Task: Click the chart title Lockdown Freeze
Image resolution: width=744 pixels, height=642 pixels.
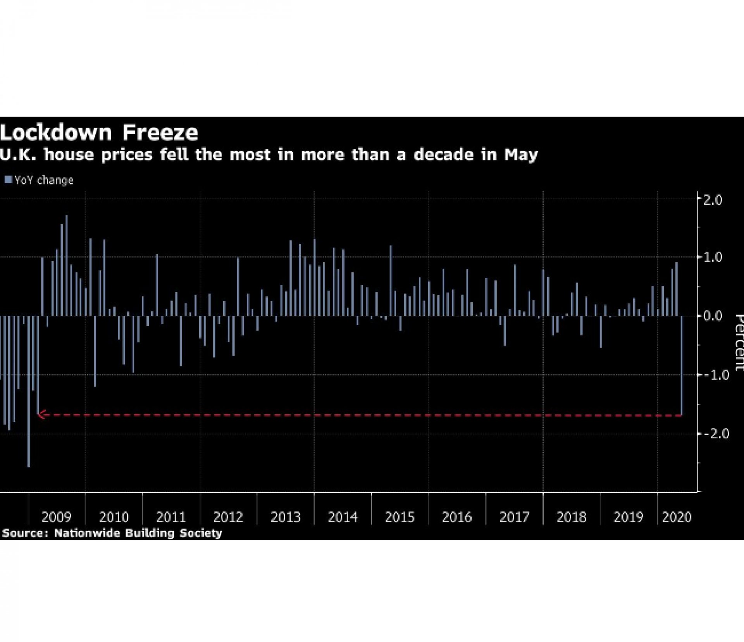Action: (x=99, y=133)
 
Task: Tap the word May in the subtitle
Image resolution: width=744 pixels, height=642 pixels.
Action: (x=521, y=155)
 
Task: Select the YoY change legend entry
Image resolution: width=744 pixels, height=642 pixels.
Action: (x=39, y=180)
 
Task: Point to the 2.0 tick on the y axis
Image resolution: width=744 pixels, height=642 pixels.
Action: (x=712, y=200)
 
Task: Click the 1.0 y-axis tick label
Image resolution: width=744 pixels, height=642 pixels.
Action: (x=712, y=257)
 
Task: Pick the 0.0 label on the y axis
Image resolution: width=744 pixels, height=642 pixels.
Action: (x=712, y=316)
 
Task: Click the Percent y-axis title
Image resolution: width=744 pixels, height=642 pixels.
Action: (x=739, y=343)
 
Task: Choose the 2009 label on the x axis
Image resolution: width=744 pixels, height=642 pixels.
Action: (x=57, y=517)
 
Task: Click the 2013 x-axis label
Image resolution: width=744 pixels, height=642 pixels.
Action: (x=286, y=517)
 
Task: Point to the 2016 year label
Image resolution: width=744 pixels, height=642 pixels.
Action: (x=457, y=517)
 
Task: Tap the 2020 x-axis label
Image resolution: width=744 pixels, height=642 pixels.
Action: (x=677, y=517)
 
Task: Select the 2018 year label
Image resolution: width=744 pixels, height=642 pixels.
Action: (x=571, y=517)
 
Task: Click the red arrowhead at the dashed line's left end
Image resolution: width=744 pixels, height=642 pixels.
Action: (x=41, y=415)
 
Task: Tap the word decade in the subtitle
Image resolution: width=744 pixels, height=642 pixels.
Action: (x=443, y=155)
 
